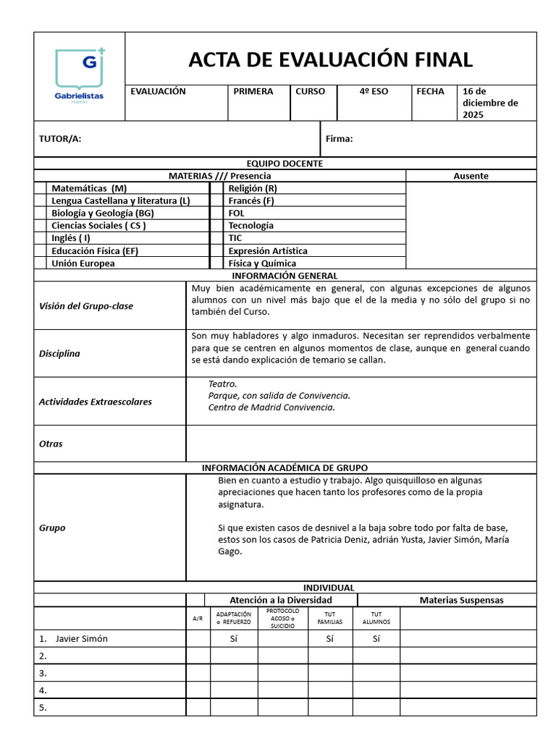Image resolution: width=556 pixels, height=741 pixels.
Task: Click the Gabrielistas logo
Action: [80, 75]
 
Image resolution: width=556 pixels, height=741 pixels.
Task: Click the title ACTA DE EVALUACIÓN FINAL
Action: [330, 59]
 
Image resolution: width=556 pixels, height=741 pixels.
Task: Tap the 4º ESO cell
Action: [374, 92]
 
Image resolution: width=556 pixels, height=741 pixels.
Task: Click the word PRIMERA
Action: [253, 92]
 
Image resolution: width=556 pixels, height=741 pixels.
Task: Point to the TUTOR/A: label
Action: [60, 139]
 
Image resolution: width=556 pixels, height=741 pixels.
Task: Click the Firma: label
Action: [339, 139]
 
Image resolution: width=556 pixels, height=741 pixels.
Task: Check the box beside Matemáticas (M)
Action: [40, 188]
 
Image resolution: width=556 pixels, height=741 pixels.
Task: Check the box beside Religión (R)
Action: [216, 188]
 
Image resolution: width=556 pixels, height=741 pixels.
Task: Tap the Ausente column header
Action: [471, 176]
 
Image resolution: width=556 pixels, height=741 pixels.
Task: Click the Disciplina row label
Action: [59, 354]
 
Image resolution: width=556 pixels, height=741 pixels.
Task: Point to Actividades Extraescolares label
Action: [95, 402]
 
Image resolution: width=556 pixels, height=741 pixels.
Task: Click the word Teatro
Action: [222, 384]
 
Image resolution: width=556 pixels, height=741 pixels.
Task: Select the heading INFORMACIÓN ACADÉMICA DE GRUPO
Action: [285, 468]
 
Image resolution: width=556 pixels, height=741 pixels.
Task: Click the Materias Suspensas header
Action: [461, 600]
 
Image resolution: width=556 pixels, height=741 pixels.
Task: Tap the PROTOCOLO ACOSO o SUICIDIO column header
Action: [282, 618]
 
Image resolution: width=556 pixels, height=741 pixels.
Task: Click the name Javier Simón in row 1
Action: [81, 639]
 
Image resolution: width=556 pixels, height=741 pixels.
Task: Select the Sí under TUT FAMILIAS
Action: [329, 639]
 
